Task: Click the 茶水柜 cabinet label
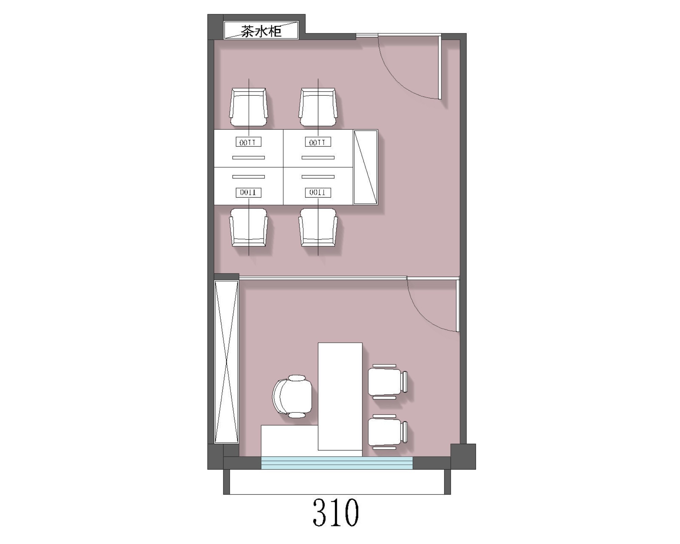(261, 31)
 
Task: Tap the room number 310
(336, 512)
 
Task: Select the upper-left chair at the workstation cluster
(249, 107)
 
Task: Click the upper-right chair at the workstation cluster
(318, 107)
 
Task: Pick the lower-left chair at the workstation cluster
(249, 227)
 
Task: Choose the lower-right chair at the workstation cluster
(318, 227)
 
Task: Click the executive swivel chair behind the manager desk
(292, 396)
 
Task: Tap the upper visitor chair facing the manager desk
(388, 381)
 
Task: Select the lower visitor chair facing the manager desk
(388, 432)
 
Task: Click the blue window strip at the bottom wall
(337, 463)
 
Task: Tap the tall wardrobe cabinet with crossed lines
(226, 361)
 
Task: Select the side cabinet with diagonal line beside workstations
(365, 167)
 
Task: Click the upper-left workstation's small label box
(249, 142)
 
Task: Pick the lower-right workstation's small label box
(318, 192)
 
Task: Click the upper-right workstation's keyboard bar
(318, 157)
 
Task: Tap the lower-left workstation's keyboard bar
(249, 177)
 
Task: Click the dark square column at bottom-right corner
(463, 457)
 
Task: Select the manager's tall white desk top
(340, 396)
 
